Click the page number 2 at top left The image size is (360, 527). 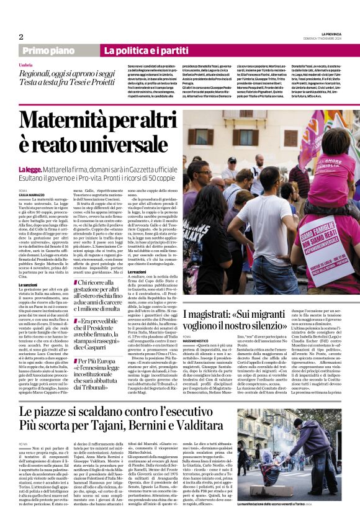click(20, 37)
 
